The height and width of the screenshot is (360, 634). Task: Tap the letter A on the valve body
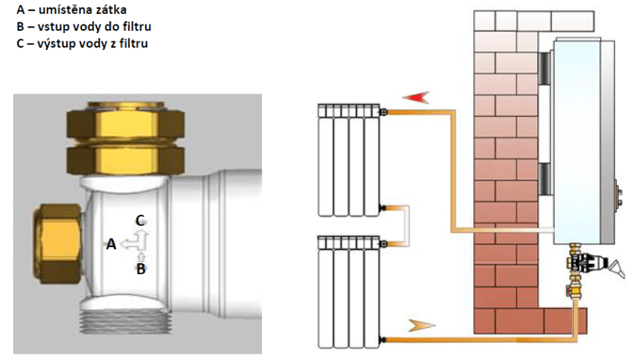[x=111, y=245]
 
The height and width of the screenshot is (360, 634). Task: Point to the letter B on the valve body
[x=141, y=269]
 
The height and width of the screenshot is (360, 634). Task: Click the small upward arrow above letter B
[x=141, y=255]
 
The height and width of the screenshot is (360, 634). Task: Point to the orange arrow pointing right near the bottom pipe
[x=420, y=326]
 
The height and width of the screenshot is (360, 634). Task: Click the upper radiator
[x=349, y=160]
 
